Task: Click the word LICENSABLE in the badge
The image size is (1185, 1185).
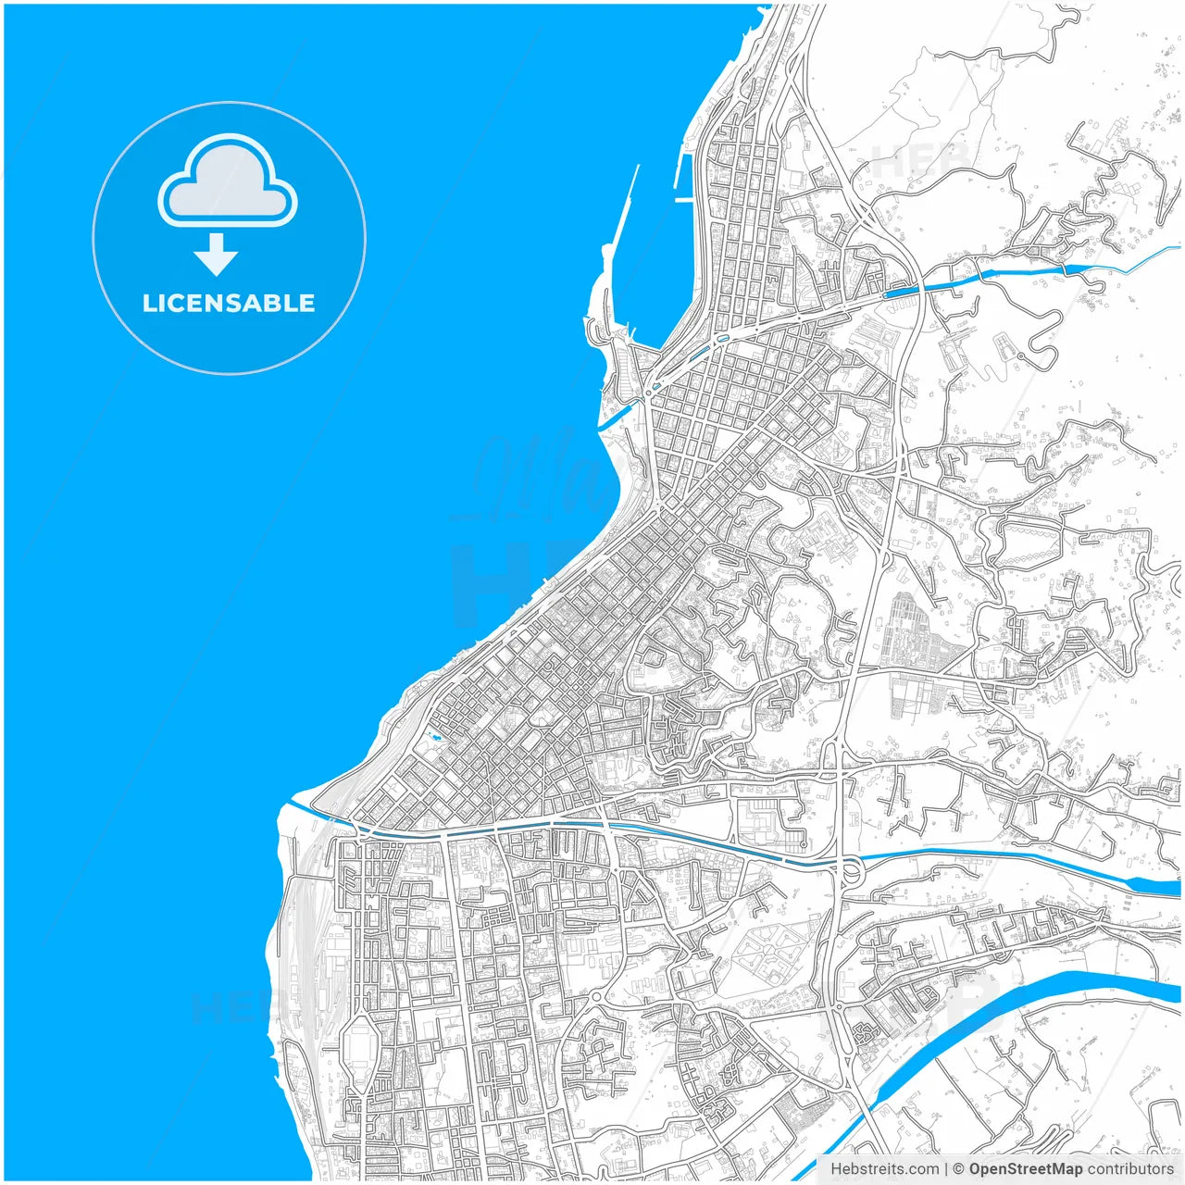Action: (229, 303)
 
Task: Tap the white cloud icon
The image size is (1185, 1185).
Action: (228, 182)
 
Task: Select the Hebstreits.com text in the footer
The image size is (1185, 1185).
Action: (884, 1169)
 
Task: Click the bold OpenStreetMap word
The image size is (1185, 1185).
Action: (1025, 1169)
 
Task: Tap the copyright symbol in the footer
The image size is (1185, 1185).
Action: (959, 1169)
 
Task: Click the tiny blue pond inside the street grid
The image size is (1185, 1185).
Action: (432, 738)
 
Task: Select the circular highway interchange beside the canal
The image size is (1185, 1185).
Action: (849, 870)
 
